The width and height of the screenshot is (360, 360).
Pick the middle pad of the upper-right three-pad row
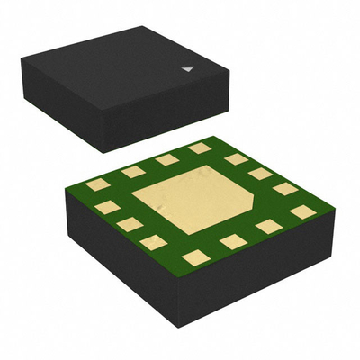pos(260,174)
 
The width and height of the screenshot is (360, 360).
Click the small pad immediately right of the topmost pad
pos(236,159)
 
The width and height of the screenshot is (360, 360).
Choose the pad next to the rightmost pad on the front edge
pos(269,227)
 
